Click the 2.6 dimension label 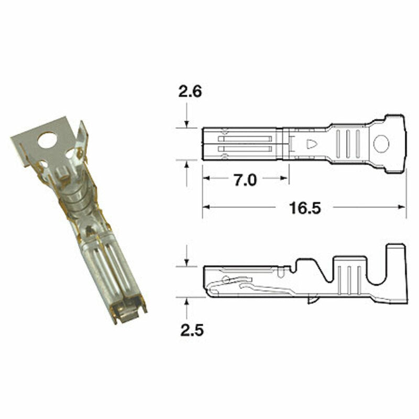(x=190, y=92)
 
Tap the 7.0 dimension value (x=245, y=180)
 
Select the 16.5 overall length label (x=304, y=208)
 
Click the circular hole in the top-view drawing (x=382, y=144)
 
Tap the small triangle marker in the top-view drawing (x=312, y=144)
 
